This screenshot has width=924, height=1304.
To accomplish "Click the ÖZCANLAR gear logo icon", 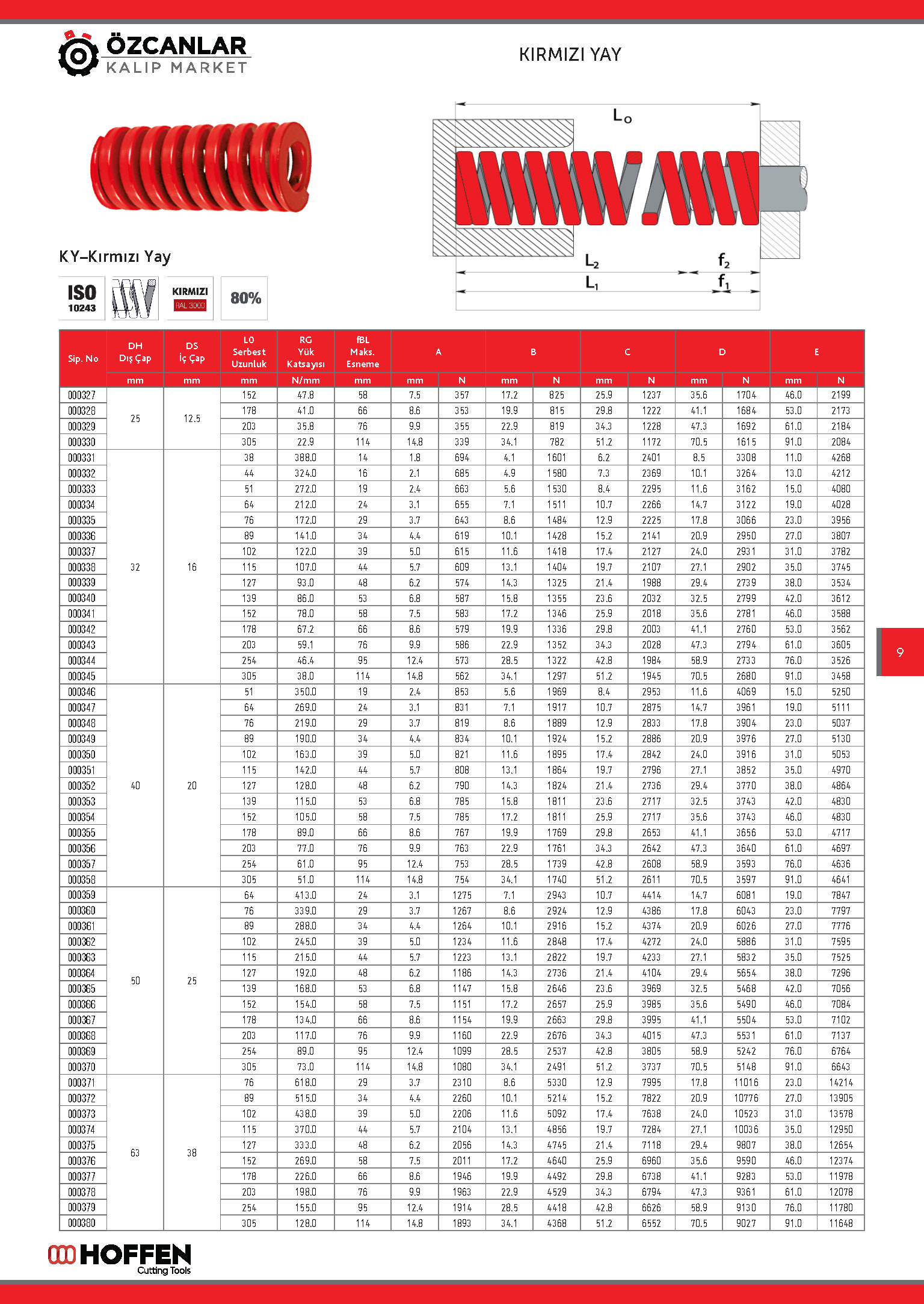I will pos(78,54).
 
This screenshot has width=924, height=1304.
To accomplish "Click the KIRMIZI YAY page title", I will pos(570,55).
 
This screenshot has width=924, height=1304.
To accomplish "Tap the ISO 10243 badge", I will pos(82,298).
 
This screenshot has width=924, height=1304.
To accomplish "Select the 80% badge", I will pos(245,298).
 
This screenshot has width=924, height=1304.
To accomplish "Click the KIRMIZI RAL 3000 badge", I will pos(190,298).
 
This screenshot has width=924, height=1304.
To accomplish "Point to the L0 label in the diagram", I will pos(622,116).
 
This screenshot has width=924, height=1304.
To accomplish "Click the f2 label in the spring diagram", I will pos(724,261).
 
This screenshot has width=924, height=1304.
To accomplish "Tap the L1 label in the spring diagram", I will pos(592,282).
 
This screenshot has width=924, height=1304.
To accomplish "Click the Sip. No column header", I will pos(83,359).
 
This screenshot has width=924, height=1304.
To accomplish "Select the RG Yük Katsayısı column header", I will pos(306,352).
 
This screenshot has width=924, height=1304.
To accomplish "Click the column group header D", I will pos(722,352).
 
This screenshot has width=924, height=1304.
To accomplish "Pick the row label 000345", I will pos(82,676).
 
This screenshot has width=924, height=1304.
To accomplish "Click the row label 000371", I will pos(82,1082).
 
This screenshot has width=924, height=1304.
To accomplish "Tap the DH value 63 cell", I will pos(135,1153).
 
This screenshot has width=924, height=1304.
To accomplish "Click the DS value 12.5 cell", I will pos(192,418).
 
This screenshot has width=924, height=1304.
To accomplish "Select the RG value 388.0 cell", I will pos(306,458).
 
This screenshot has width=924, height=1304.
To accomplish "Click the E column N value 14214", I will pos(840,1082).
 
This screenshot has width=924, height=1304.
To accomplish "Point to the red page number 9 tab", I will pos(900,652).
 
